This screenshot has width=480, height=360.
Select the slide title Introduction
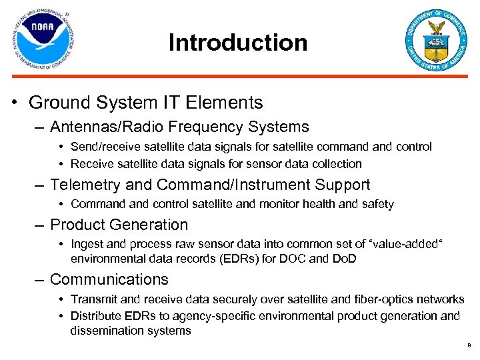[x=238, y=43]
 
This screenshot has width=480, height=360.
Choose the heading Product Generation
[x=119, y=225]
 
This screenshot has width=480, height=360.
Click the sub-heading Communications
[x=109, y=279]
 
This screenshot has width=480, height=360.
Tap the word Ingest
[x=86, y=245]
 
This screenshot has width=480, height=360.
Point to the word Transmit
[x=93, y=300]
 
